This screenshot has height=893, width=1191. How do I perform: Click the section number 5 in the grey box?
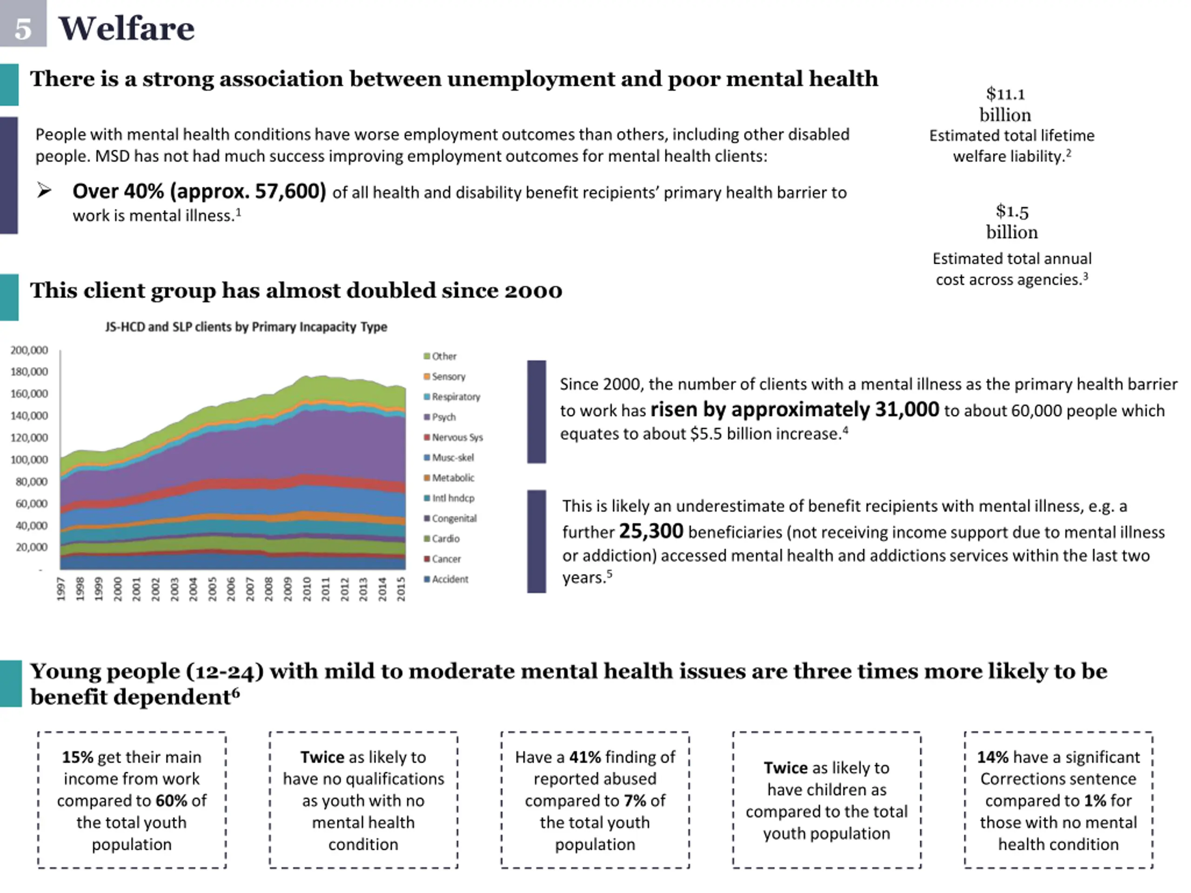23,28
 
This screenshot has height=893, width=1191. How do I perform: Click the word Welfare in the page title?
127,28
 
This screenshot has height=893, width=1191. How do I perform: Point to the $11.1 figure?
1005,94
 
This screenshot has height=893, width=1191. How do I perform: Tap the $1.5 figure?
1012,211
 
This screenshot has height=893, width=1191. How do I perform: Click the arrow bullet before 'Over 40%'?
45,190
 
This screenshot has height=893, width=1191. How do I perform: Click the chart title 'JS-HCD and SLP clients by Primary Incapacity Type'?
246,327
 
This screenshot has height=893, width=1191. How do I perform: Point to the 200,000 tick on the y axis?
29,350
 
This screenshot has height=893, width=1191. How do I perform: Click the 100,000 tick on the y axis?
29,460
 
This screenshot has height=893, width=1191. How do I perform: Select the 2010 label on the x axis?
307,588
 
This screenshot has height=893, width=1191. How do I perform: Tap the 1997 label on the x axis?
61,588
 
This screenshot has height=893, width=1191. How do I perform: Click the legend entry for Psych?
443,417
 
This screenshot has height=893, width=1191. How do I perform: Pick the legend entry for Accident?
449,579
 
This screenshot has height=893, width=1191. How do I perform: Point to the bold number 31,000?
907,410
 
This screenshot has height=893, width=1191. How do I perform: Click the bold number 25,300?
651,531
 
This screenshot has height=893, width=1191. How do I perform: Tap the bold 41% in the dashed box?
585,757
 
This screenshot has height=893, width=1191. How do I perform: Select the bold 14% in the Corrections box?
993,757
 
